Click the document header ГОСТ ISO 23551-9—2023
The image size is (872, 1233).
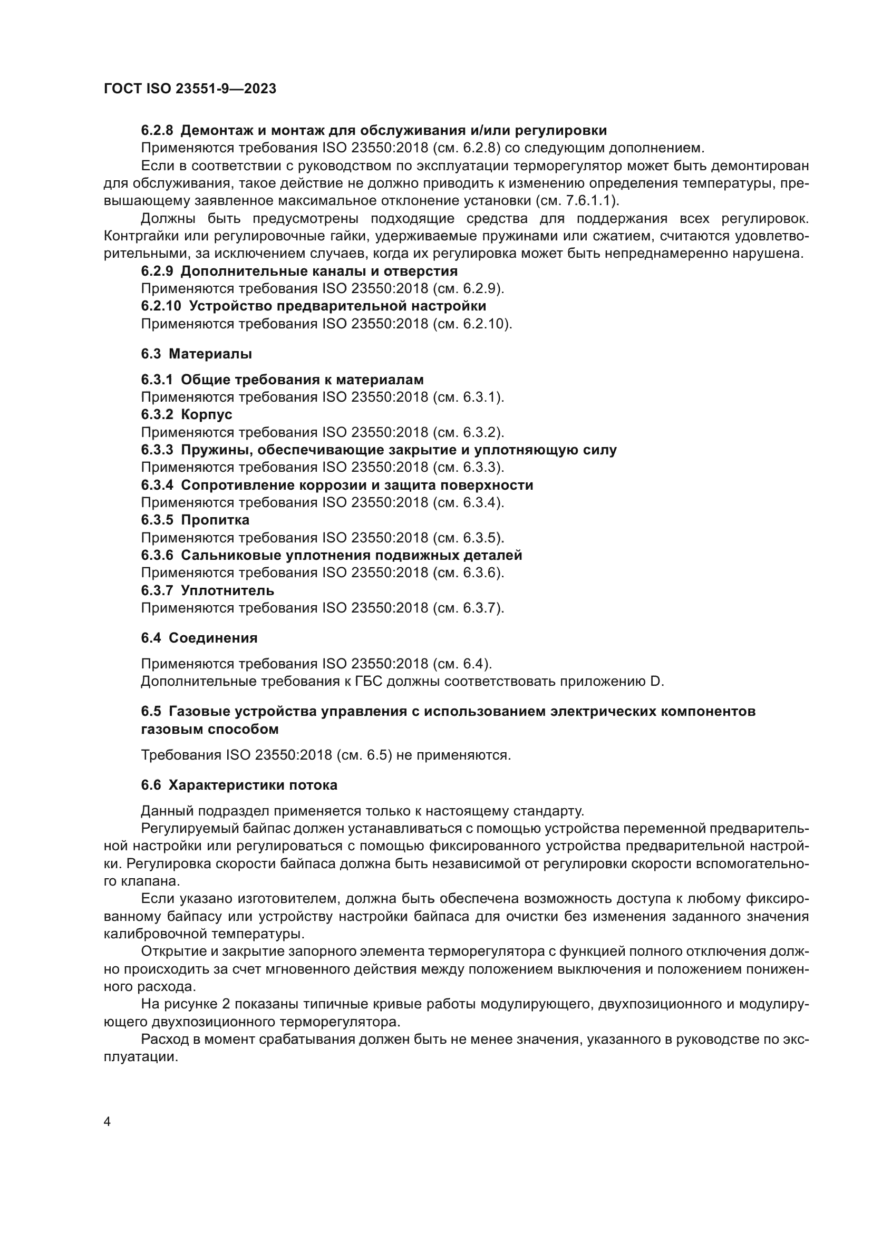tap(190, 89)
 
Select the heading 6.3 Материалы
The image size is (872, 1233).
tap(197, 354)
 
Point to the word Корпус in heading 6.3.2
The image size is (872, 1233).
tap(206, 414)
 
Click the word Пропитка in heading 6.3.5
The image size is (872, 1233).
tap(215, 520)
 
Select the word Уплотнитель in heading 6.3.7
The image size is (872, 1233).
tap(227, 590)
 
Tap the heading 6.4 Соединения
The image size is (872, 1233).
tap(199, 638)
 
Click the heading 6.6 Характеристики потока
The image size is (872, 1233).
tap(239, 785)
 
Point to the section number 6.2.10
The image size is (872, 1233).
tap(161, 306)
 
